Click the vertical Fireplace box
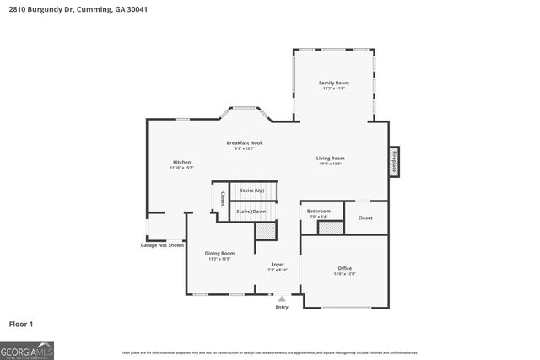coord(393,161)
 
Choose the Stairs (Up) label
coord(252,191)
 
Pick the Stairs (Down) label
coord(252,211)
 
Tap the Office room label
coord(344,271)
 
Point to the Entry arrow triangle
coord(282,298)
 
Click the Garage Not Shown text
coord(162,245)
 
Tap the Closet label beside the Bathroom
coord(365,218)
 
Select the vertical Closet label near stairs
coord(222,199)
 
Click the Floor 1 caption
coord(22,323)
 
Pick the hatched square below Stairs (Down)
coord(267,230)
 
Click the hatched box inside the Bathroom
coord(330,228)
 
